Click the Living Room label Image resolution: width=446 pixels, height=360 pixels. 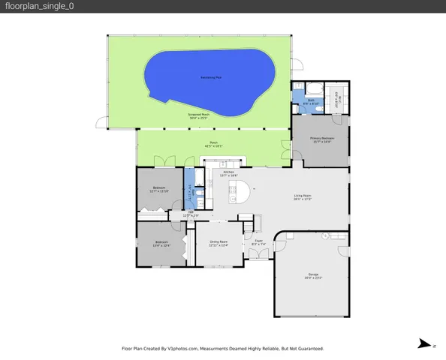point(302,198)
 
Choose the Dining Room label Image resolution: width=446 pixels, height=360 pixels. point(218,242)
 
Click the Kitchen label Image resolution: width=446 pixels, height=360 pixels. point(218,173)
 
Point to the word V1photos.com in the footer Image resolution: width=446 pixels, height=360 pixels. point(182,348)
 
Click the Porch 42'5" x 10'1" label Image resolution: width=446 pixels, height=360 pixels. point(214,145)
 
